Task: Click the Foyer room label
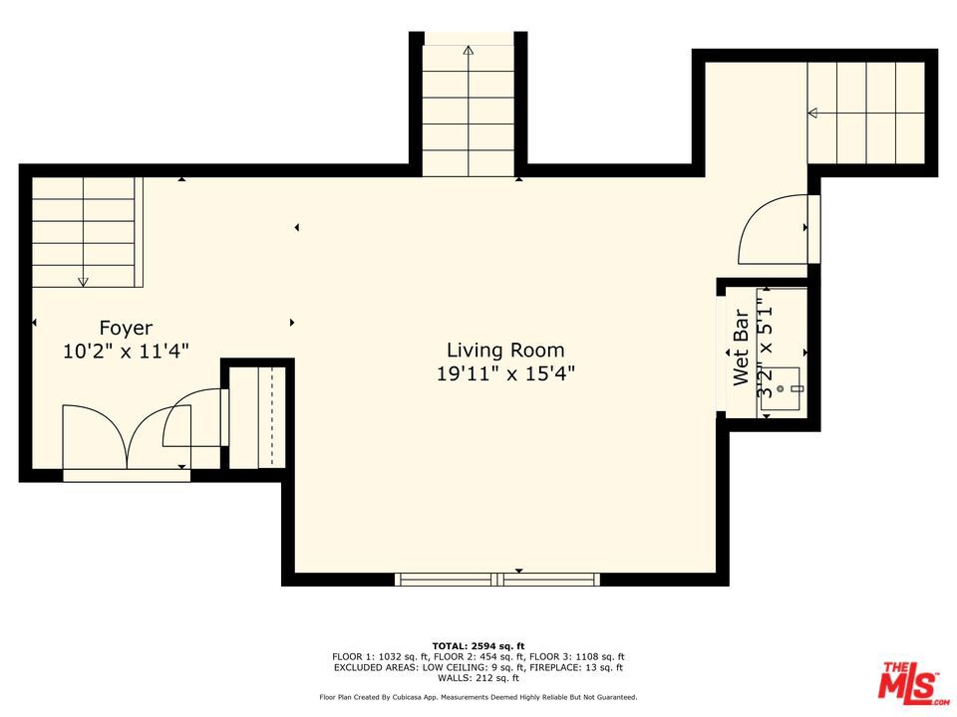(x=126, y=329)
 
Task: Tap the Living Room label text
(x=505, y=350)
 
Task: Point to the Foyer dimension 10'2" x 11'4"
(x=126, y=352)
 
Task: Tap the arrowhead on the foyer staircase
(x=83, y=282)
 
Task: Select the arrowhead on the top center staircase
(x=469, y=50)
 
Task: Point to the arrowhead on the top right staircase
(x=812, y=113)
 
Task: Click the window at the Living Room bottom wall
(x=497, y=580)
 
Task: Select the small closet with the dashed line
(x=257, y=417)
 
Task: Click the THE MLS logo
(x=911, y=680)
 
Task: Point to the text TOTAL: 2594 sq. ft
(x=478, y=645)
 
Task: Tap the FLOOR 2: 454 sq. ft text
(x=478, y=656)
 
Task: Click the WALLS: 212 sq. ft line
(x=478, y=678)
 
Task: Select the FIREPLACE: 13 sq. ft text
(x=575, y=667)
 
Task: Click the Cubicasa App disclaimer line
(x=478, y=697)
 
